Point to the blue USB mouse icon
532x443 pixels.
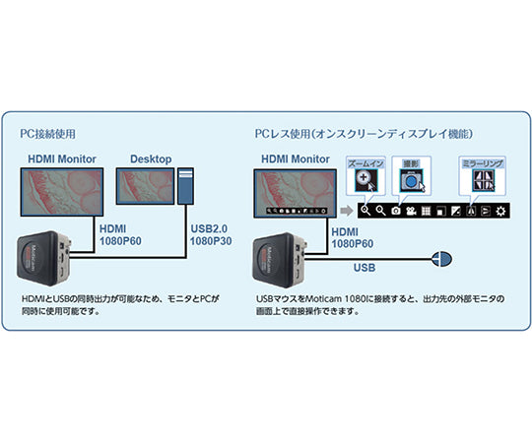440,259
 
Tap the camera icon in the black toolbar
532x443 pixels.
395,211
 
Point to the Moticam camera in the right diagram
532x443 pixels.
278,258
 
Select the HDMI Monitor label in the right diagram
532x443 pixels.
296,158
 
